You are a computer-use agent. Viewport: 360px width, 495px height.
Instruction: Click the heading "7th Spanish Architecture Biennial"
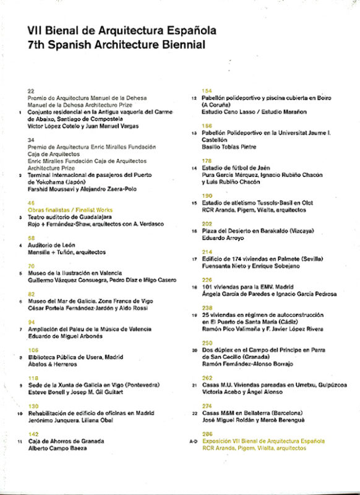pyautogui.click(x=116, y=45)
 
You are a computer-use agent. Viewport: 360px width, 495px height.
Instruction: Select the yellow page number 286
pyautogui.click(x=207, y=434)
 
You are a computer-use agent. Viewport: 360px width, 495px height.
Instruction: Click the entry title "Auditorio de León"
pyautogui.click(x=56, y=245)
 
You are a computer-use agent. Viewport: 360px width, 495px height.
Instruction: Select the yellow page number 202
pyautogui.click(x=207, y=223)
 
